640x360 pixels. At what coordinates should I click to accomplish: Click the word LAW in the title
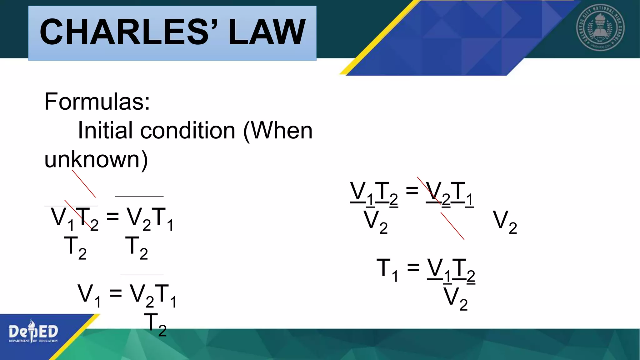click(x=267, y=32)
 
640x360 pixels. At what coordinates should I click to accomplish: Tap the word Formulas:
click(x=97, y=102)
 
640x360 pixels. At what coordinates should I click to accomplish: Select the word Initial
click(x=106, y=130)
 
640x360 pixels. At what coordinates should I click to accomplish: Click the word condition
click(x=187, y=130)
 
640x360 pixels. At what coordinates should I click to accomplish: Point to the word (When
click(x=277, y=130)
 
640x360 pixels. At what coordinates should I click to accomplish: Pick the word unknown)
click(x=96, y=159)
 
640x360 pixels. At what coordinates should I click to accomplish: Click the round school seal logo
click(x=600, y=27)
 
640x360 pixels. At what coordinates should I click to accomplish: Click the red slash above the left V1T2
click(x=84, y=184)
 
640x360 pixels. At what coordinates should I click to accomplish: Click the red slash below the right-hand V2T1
click(x=452, y=226)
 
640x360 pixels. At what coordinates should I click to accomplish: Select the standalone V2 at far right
click(x=505, y=222)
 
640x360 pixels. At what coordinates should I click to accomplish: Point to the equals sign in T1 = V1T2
click(x=413, y=267)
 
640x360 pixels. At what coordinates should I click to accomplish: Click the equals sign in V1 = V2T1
click(x=115, y=293)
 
